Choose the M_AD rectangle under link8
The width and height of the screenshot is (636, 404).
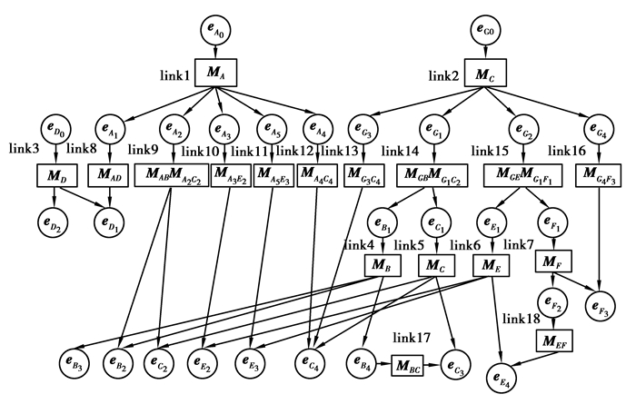pos(108,174)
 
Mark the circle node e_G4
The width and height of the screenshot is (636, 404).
pos(598,128)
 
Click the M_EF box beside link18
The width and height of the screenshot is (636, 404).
pos(552,341)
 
